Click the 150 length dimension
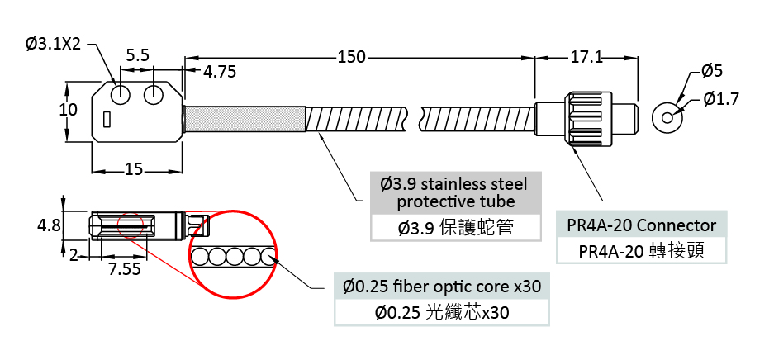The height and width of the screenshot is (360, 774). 351,58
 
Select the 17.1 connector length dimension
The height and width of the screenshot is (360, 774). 586,58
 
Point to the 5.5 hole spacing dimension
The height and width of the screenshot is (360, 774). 137,55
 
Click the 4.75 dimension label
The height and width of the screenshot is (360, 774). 220,72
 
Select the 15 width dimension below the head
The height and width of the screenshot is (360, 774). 134,170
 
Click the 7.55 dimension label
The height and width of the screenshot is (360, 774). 124,268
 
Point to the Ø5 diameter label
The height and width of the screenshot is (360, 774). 712,71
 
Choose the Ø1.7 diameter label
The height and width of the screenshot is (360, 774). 721,99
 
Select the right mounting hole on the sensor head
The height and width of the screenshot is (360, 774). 154,95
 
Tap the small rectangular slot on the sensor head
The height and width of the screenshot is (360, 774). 107,120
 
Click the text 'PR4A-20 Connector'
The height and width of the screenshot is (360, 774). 641,225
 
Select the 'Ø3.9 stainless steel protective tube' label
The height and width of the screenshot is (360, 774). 455,192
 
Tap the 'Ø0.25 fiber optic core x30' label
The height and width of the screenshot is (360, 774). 442,287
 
